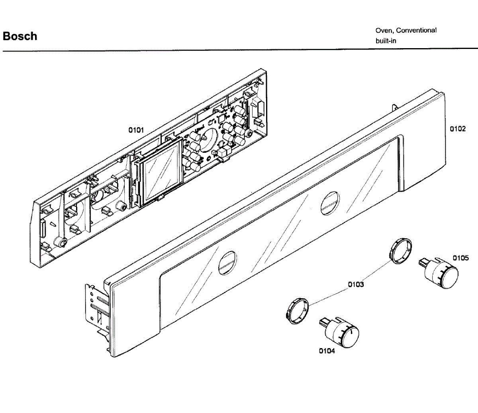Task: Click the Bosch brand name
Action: (x=20, y=36)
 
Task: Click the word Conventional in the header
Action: (x=416, y=30)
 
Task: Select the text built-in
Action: (x=386, y=41)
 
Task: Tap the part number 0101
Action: (x=136, y=130)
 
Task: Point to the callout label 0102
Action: (x=458, y=129)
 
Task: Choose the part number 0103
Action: (x=356, y=284)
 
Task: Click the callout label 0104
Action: (x=327, y=351)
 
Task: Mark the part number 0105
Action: (x=460, y=258)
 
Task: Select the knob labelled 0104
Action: (x=343, y=332)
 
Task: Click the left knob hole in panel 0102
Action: (x=227, y=263)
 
